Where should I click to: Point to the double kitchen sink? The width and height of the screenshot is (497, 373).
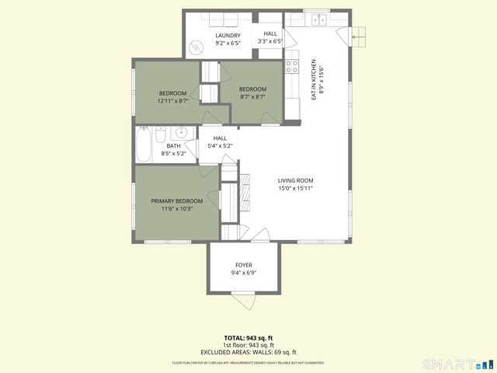click(318, 19)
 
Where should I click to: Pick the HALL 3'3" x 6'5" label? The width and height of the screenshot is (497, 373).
click(270, 38)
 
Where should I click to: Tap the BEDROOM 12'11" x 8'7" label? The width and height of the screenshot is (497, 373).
click(172, 96)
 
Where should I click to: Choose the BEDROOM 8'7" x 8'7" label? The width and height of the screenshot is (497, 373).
click(252, 92)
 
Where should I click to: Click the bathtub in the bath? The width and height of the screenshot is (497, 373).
click(144, 145)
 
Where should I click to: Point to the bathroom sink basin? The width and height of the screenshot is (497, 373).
click(179, 131)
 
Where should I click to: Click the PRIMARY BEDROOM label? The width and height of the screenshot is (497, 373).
click(171, 204)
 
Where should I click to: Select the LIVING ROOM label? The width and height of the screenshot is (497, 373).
click(295, 184)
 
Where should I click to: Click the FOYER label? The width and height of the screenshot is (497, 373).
click(243, 269)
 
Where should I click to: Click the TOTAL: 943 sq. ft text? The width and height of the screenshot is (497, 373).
click(248, 338)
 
